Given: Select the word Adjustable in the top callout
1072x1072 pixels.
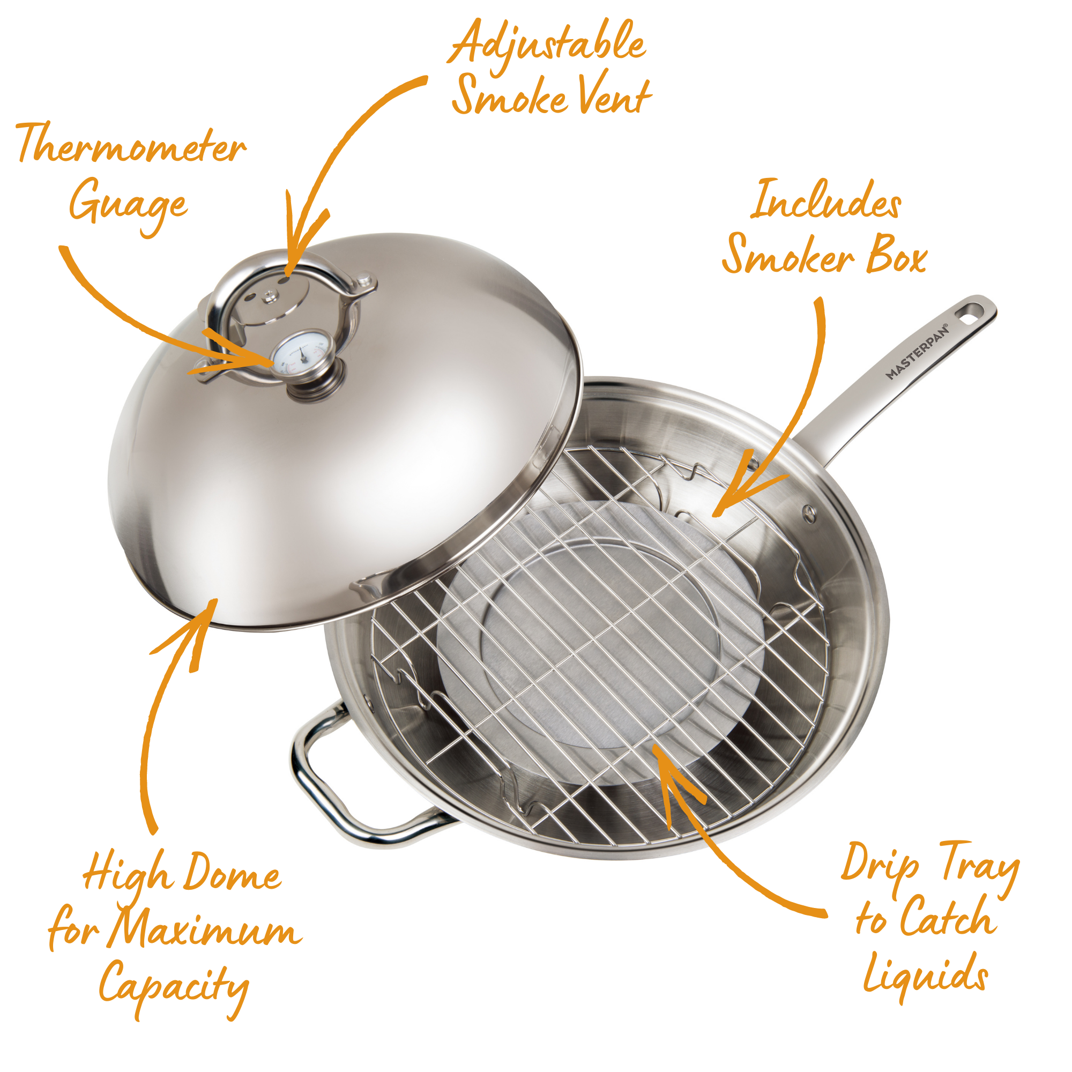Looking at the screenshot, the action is [547, 44].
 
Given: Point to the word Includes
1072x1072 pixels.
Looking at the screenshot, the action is [825, 200].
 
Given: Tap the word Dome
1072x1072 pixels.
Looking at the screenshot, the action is [232, 873].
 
